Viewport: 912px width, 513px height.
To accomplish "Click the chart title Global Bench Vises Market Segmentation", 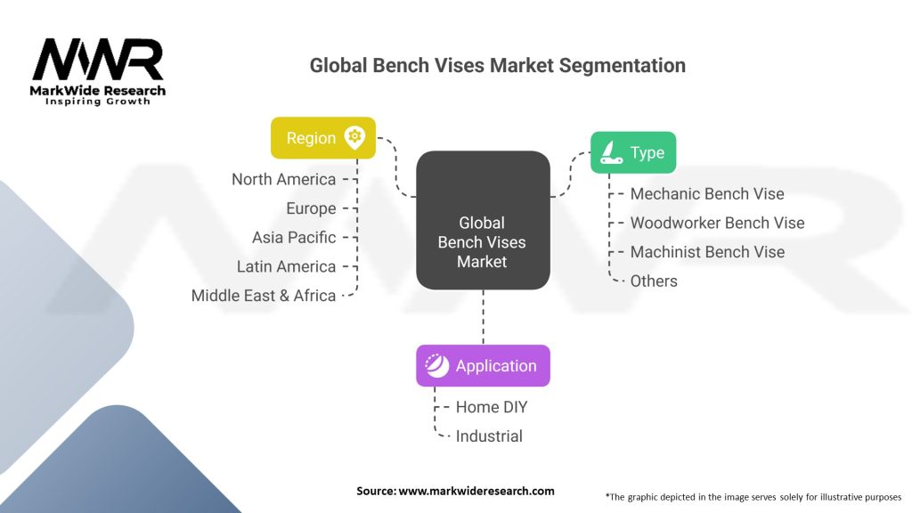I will [497, 65].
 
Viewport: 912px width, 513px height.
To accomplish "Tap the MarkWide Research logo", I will [98, 71].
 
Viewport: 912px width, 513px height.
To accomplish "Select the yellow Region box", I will [322, 138].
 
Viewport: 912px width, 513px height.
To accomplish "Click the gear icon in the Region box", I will [354, 137].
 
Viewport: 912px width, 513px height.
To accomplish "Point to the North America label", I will [283, 179].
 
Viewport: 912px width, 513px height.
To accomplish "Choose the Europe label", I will [311, 208].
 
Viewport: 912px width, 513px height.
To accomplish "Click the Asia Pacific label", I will [294, 237].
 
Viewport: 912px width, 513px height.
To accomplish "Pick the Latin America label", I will [286, 266].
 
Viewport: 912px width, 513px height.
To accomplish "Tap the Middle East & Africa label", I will [264, 295].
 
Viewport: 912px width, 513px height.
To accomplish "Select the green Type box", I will [633, 152].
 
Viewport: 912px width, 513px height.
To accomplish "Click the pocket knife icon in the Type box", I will [611, 152].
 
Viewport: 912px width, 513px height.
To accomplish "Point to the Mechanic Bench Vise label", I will [707, 193].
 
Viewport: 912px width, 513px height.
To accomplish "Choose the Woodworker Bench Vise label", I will [717, 223].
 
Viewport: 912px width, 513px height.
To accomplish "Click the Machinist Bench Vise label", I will [707, 252].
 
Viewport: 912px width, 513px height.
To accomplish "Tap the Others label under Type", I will [654, 281].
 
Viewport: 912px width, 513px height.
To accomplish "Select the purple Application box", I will [483, 365].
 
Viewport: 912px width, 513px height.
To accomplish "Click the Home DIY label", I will [492, 407].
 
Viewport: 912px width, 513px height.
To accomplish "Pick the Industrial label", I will [489, 436].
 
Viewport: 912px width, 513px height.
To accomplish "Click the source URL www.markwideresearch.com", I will [476, 491].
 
